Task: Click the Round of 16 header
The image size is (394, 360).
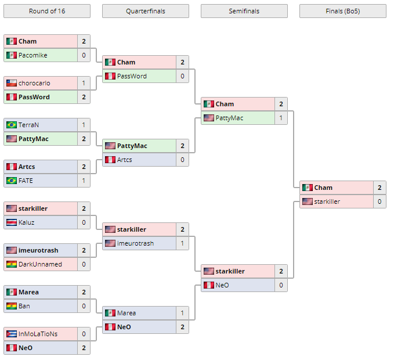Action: point(46,11)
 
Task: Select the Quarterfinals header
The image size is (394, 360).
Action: point(145,11)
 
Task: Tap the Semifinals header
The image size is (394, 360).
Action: point(244,11)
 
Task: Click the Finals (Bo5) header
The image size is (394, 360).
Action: point(342,11)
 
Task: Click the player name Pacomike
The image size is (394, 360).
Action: point(33,55)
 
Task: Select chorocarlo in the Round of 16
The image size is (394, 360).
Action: point(35,83)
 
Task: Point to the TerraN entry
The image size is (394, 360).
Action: point(29,125)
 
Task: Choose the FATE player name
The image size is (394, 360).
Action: point(26,181)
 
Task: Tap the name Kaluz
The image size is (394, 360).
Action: point(27,222)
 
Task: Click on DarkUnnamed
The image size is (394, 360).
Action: point(40,264)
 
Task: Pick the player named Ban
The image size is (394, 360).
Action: point(24,306)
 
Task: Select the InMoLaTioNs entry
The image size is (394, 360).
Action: point(38,334)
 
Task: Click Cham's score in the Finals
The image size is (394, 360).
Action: point(379,188)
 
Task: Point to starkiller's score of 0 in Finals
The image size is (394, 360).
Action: point(379,201)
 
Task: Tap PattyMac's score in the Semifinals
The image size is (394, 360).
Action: point(281,118)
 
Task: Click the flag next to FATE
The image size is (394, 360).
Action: point(11,181)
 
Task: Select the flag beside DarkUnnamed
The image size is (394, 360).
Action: point(11,264)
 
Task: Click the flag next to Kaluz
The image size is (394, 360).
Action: point(11,222)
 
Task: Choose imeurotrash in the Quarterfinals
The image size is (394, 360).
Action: point(135,243)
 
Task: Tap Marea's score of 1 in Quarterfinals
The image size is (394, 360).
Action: point(182,313)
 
